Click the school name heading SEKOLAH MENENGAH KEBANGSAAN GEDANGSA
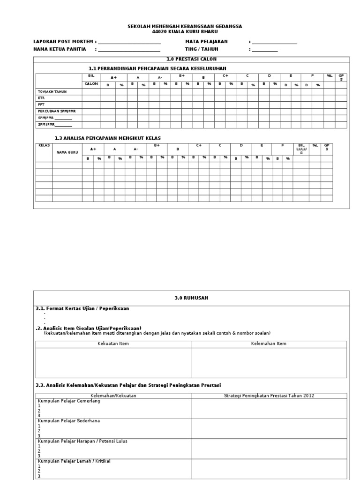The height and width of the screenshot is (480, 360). coord(185,27)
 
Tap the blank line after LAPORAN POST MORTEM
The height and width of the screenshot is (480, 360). coord(129,43)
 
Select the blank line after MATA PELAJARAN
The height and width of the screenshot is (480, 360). coord(275,43)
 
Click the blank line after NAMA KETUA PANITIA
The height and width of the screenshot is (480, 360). coord(129,50)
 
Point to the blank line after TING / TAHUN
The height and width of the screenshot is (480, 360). coord(265,50)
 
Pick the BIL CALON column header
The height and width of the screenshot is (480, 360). coord(91,80)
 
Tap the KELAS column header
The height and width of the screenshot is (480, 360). coord(44,146)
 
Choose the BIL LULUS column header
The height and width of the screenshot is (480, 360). coord(301,149)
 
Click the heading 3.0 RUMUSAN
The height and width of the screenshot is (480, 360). coord(191,298)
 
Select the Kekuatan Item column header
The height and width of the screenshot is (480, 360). coord(113,344)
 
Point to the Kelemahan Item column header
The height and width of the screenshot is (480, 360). coord(269,344)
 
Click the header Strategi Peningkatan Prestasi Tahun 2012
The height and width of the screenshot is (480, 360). coord(269,396)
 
